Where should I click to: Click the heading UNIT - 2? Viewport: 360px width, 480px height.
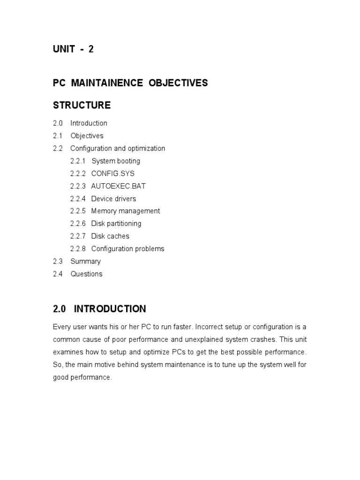point(73,49)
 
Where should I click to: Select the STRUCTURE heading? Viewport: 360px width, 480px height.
point(82,105)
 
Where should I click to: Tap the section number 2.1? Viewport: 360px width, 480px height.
point(58,136)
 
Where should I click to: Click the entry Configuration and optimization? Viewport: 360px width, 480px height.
point(118,149)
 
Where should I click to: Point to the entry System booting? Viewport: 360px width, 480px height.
point(115,161)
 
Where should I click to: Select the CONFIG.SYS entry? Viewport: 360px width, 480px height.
point(112,173)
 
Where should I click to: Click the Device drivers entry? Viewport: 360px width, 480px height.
point(113,199)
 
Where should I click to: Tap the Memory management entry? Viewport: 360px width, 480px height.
point(125,211)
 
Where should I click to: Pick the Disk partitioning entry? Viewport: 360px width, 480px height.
point(116,224)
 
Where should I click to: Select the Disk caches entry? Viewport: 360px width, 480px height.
point(110,236)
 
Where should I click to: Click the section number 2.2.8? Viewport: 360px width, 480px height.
point(78,249)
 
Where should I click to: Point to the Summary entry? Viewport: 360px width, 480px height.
point(85,262)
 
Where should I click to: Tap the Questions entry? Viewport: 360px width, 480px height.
point(86,274)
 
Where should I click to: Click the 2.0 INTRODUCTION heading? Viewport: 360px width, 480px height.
point(99,309)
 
